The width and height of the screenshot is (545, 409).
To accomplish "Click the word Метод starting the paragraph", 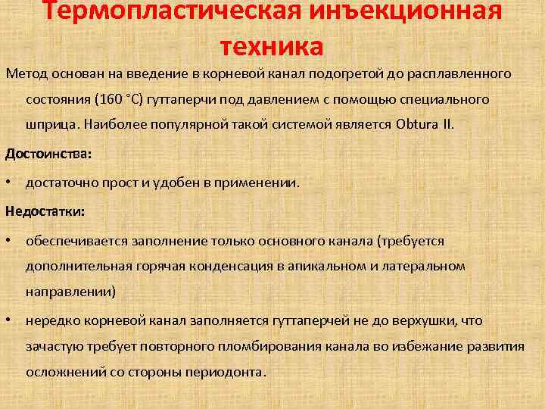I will tap(26, 74).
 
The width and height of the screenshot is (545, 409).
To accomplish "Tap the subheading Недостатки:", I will tap(45, 211).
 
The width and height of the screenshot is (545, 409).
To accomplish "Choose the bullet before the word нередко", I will tap(8, 320).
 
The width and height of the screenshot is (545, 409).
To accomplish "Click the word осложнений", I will tap(64, 373).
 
